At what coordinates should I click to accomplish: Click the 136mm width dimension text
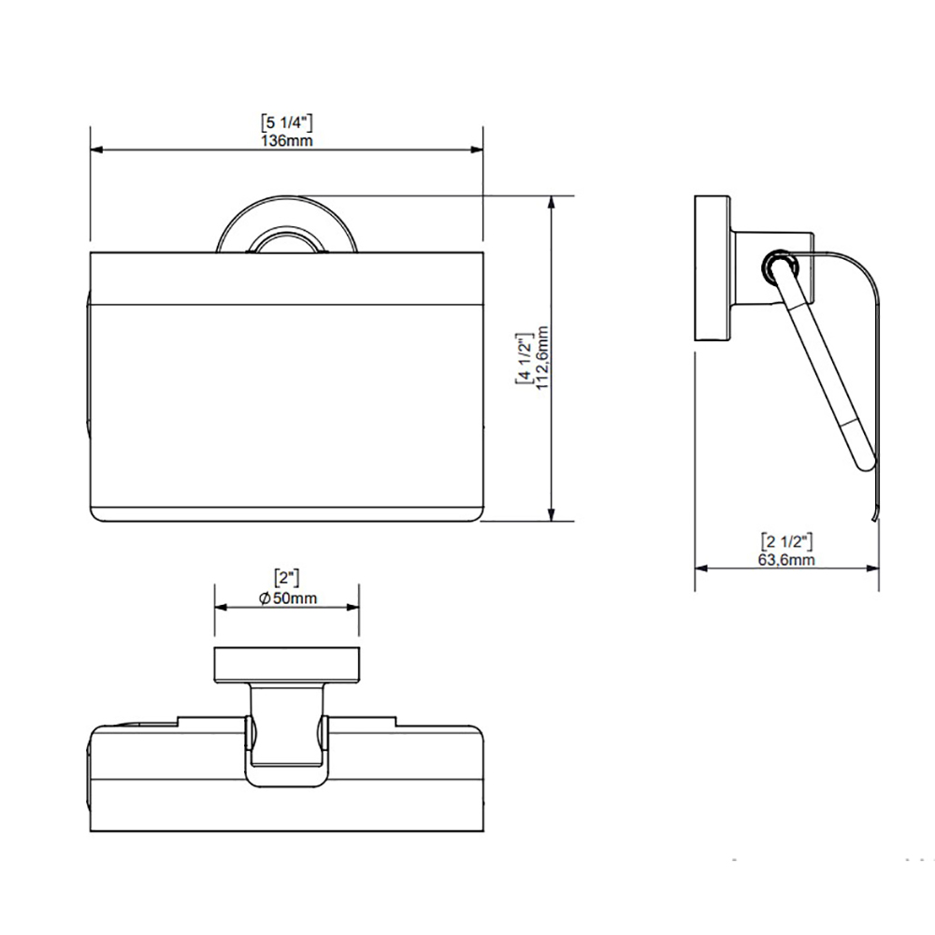click(x=286, y=141)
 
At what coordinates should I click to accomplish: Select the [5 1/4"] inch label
click(x=286, y=122)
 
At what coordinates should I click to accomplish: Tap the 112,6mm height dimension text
click(x=542, y=358)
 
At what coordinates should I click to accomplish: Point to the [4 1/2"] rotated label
click(x=524, y=358)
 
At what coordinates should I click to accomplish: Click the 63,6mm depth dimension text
click(x=786, y=560)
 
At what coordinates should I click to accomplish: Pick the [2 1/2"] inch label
click(x=786, y=541)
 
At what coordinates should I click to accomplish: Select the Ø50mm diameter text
click(x=288, y=597)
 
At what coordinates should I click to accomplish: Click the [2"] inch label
click(x=286, y=578)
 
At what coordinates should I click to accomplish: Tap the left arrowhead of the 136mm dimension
click(x=96, y=149)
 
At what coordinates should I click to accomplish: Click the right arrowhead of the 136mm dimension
click(x=477, y=149)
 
